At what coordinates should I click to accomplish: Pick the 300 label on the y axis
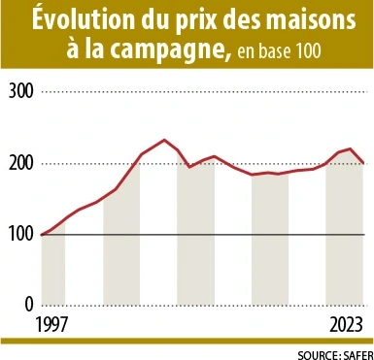pos(20,92)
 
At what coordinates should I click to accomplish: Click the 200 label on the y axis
pos(20,163)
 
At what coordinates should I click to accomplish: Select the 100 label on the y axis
pos(20,234)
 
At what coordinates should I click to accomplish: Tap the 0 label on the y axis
pos(29,304)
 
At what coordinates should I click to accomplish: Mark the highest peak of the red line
pos(164,140)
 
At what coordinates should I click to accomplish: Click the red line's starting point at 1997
pos(42,234)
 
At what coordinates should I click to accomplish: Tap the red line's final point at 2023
pos(362,163)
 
